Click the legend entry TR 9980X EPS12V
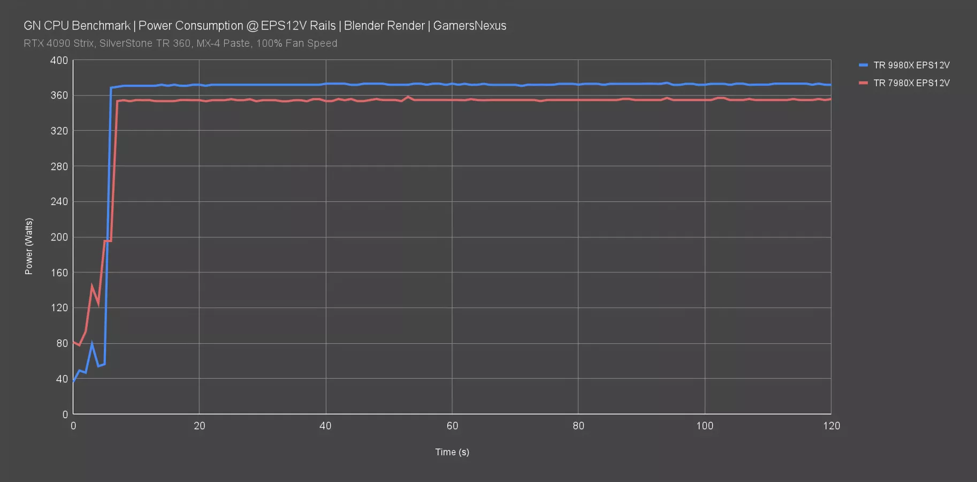point(911,65)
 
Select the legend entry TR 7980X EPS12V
point(911,83)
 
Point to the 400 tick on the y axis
point(59,61)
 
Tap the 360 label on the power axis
point(59,95)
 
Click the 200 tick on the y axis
point(59,237)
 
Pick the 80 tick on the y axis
point(62,343)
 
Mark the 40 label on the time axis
point(325,426)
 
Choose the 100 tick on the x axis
point(705,426)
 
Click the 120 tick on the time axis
point(831,426)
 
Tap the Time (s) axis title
point(452,452)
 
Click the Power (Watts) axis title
point(29,246)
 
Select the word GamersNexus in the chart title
point(469,26)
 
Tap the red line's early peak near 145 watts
point(92,286)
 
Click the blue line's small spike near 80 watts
point(92,344)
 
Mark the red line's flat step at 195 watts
point(108,241)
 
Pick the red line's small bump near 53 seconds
point(408,97)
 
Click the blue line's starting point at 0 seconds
point(73,381)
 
